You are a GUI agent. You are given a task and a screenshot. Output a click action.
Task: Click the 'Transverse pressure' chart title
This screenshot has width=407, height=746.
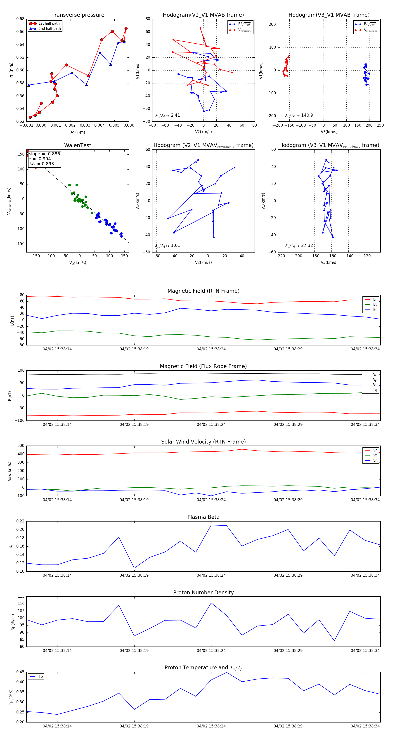pos(78,15)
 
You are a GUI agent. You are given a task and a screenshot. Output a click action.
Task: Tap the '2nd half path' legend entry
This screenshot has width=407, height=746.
pos(50,29)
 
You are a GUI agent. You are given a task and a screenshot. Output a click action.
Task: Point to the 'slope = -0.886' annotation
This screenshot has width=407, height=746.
pos(44,154)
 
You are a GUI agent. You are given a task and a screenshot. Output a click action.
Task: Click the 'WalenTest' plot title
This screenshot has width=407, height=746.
pos(78,145)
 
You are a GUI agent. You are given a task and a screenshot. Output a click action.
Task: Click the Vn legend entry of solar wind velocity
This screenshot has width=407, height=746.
pos(375,460)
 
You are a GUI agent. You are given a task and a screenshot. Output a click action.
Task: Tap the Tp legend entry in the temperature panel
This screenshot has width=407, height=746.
pos(40,677)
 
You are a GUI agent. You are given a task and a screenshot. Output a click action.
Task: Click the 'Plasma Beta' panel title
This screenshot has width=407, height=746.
pos(203,517)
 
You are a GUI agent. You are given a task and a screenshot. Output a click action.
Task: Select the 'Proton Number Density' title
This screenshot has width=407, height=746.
pos(203,593)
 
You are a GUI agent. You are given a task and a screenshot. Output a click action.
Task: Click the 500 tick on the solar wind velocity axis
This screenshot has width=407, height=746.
pos(21,446)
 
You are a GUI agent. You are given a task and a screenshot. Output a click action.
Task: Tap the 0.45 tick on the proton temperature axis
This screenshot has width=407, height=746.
pos(20,672)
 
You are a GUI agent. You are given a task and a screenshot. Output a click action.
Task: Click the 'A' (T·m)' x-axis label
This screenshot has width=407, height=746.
pos(78,132)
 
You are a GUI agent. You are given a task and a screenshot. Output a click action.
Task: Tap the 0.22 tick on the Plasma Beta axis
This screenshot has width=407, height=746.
pos(20,521)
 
